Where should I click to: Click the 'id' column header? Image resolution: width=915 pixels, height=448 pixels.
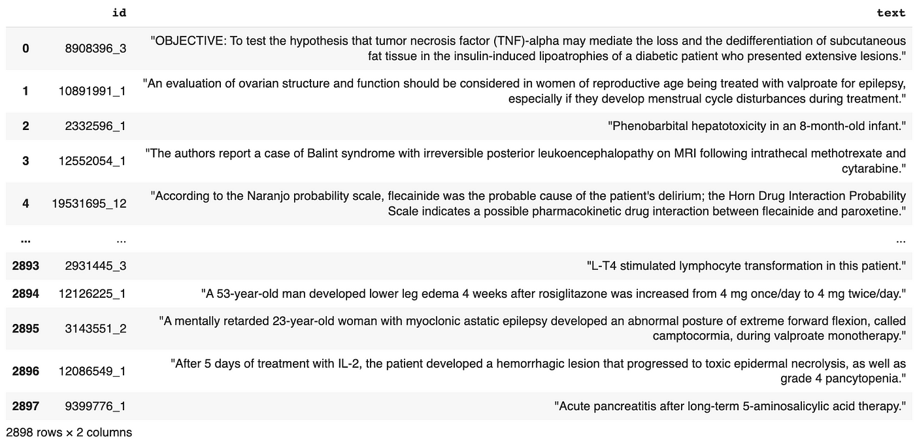click(119, 12)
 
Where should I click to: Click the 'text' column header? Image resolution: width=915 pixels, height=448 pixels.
click(891, 12)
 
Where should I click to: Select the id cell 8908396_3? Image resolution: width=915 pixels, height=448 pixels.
click(95, 48)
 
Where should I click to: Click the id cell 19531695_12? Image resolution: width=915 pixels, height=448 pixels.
click(90, 204)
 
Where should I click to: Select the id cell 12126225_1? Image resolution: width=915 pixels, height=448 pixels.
click(92, 294)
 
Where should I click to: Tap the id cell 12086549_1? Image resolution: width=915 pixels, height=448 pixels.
click(92, 371)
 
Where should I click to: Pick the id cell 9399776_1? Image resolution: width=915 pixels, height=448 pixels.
click(95, 406)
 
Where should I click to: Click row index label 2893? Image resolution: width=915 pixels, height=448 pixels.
click(25, 266)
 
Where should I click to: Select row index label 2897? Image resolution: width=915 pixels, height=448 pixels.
click(25, 406)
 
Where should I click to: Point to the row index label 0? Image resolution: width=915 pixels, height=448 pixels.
click(25, 48)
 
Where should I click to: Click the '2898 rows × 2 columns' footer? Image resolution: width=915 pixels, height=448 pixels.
click(69, 432)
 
